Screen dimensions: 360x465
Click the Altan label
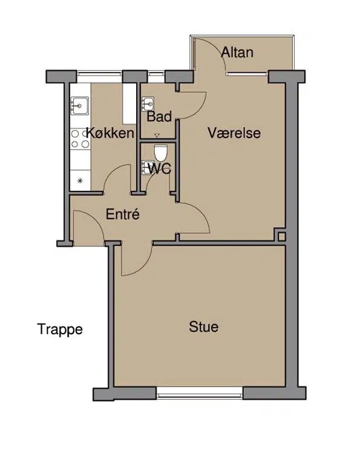point(237,53)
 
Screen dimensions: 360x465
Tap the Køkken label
point(110,133)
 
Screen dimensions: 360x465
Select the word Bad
point(159,116)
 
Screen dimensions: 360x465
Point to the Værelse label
point(234,133)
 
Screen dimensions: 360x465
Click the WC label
point(159,169)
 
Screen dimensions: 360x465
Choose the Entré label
point(123,214)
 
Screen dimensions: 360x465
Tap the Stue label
point(204,327)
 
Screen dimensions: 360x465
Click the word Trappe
point(60,330)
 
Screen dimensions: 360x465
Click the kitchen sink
point(79,106)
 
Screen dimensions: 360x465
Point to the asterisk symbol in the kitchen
point(80,180)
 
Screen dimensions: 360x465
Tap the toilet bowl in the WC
point(161,153)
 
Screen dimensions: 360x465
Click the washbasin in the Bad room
point(148,104)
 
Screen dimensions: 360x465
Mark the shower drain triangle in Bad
point(157,136)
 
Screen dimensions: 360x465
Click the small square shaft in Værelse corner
point(282,237)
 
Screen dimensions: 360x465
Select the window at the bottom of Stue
point(200,395)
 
